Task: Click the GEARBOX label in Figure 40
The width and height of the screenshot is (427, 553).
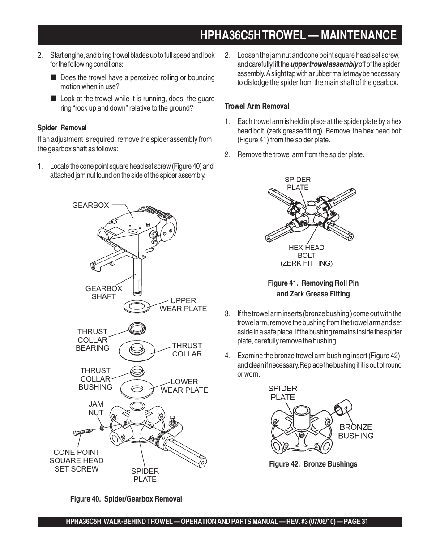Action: point(90,205)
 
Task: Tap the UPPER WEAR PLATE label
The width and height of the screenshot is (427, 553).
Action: point(183,304)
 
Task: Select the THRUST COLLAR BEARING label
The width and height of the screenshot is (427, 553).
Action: point(92,340)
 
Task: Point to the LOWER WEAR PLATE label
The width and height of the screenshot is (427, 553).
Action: point(184,386)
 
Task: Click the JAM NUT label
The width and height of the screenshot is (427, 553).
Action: point(96,408)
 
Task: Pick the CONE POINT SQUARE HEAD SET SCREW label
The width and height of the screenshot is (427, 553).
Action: point(77,460)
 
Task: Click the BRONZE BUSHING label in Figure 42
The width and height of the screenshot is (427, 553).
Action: point(355,431)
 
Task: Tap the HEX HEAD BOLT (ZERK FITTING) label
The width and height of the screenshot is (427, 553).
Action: point(306,255)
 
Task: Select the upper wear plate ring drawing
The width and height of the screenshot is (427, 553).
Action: point(137,307)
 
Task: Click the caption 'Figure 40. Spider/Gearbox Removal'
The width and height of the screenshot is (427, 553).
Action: point(126,499)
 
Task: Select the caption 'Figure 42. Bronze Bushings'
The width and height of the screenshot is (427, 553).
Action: point(313,464)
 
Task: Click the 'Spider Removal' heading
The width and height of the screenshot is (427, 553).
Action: point(62,128)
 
